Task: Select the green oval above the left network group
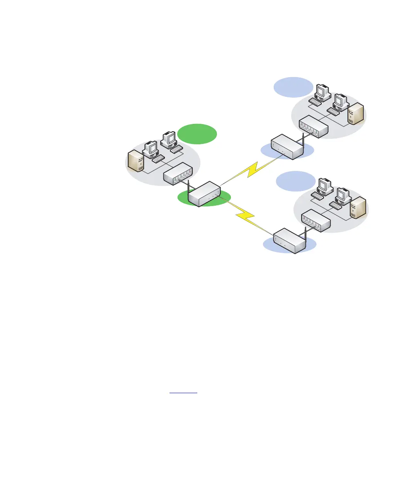pyautogui.click(x=197, y=134)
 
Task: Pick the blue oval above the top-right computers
pyautogui.click(x=293, y=87)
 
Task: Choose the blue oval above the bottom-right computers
pyautogui.click(x=296, y=181)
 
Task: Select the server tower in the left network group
pyautogui.click(x=136, y=161)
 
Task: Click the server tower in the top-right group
pyautogui.click(x=356, y=113)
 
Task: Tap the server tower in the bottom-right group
pyautogui.click(x=358, y=207)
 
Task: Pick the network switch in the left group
pyautogui.click(x=178, y=174)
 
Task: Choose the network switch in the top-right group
pyautogui.click(x=314, y=127)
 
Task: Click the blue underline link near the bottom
pyautogui.click(x=183, y=393)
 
